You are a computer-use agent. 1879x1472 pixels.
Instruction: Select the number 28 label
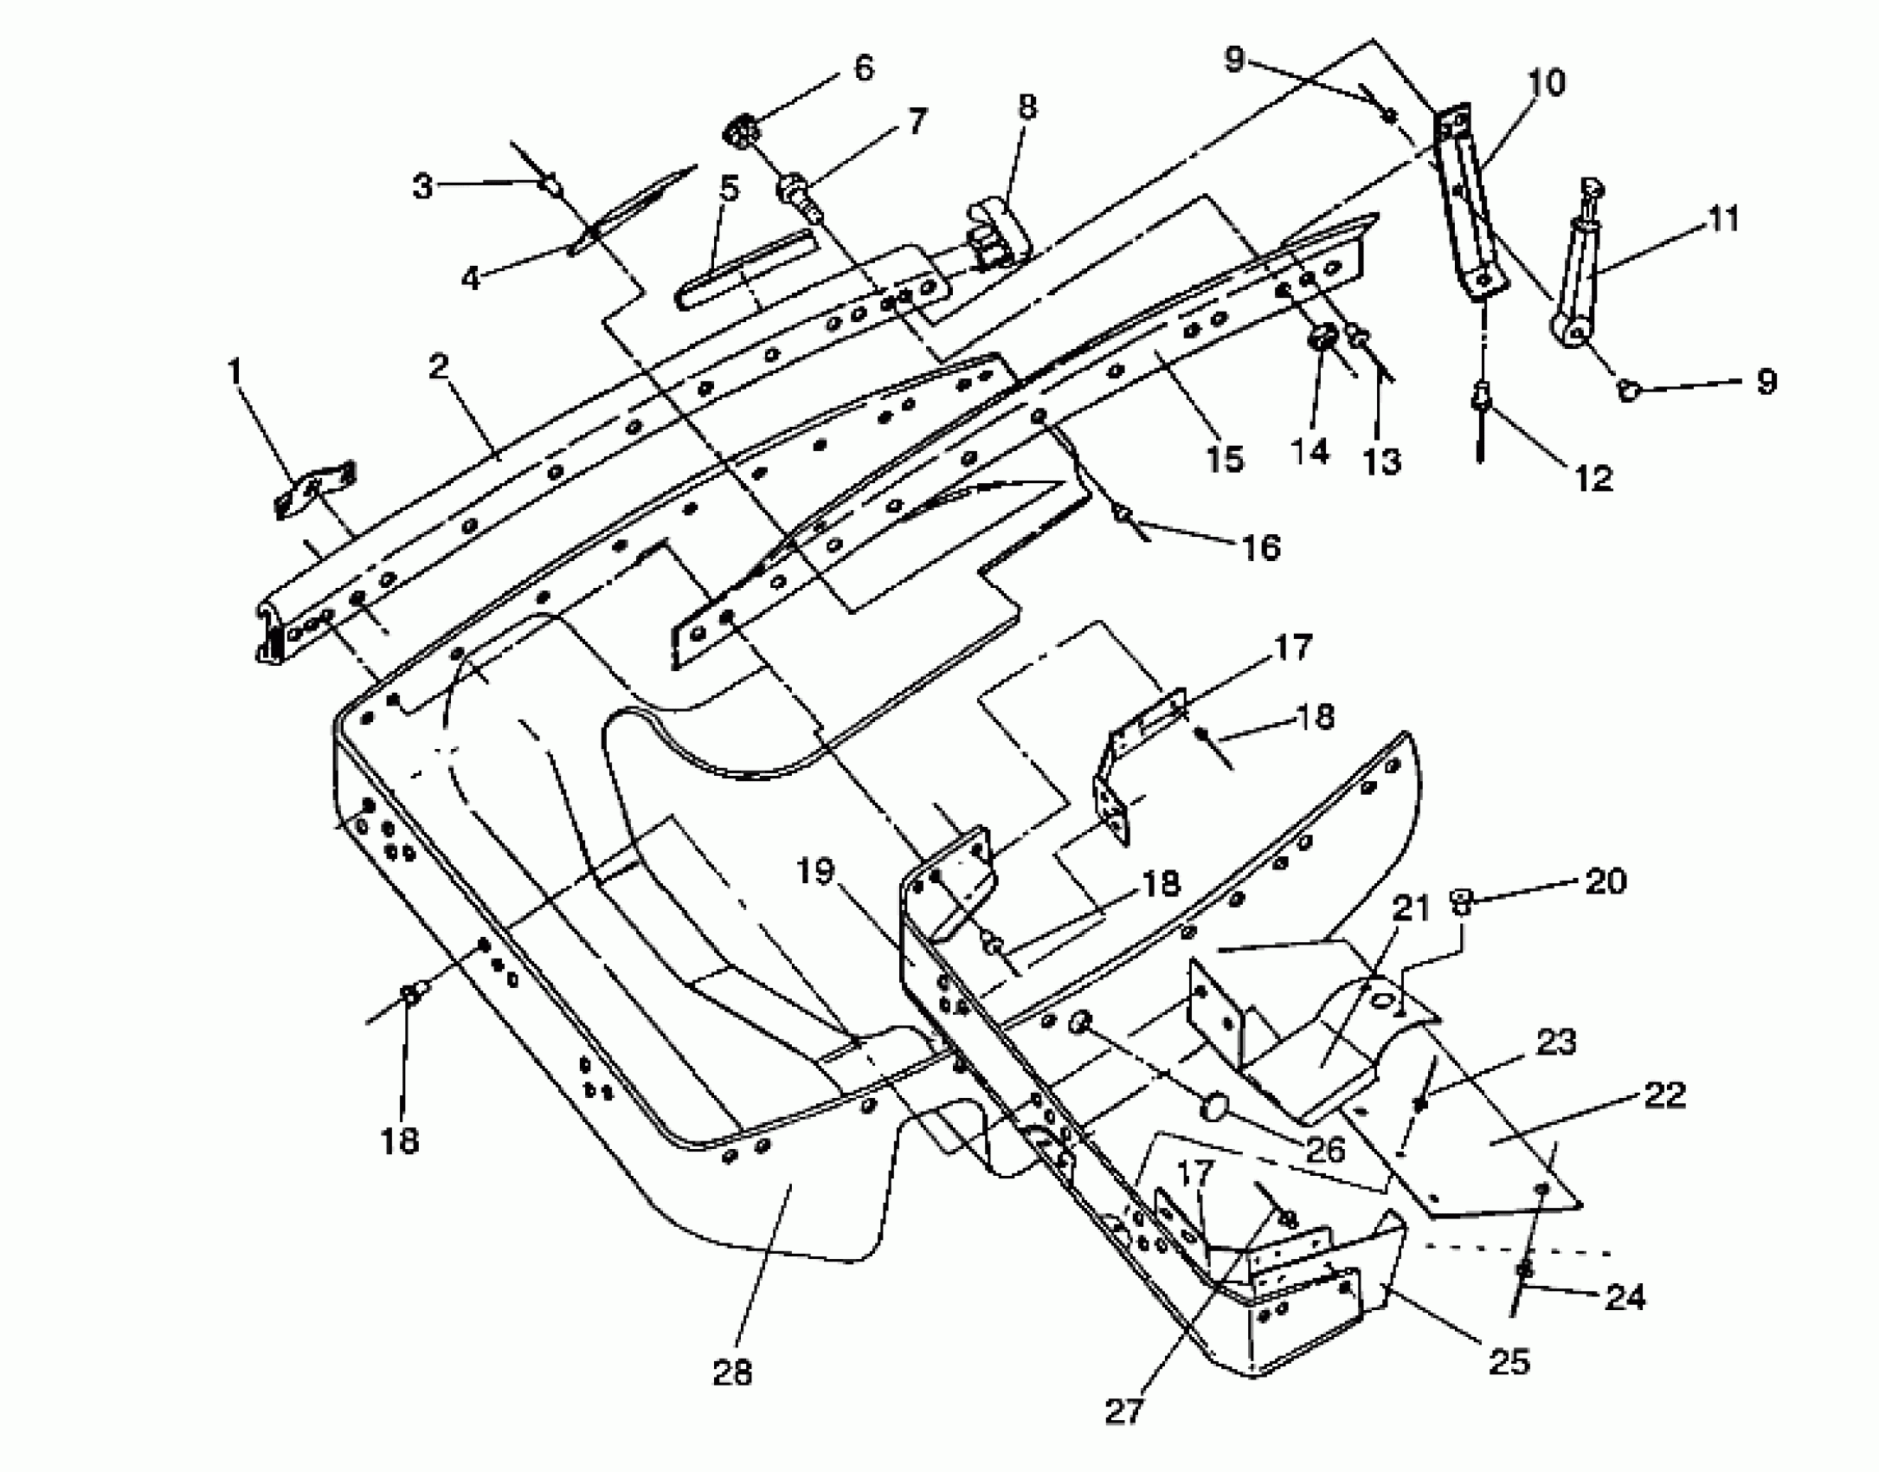pos(732,1372)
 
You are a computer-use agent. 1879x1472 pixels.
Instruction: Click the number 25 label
pos(1509,1361)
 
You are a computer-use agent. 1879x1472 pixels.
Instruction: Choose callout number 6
pos(863,68)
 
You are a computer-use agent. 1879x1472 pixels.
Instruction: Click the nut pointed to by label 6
pos(741,132)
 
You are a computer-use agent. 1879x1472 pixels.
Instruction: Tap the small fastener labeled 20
pos(1460,901)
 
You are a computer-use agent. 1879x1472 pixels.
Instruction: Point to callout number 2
pos(440,367)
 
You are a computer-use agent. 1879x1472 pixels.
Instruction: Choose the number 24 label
pos(1624,1297)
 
